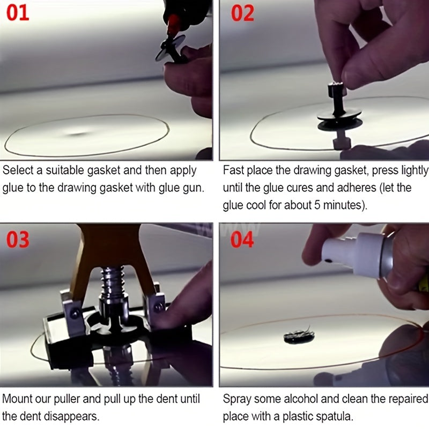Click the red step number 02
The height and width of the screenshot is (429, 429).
click(x=242, y=13)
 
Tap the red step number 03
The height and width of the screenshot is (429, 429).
click(x=18, y=239)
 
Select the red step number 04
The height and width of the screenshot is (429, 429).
click(x=242, y=239)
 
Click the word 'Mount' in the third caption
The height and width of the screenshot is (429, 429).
click(x=17, y=399)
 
